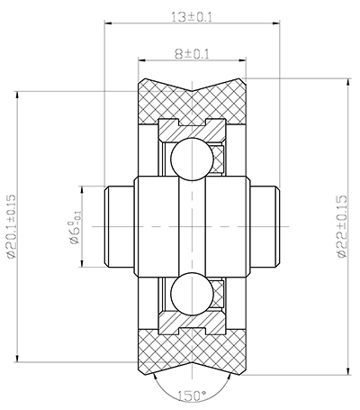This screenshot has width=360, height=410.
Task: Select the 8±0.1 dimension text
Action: [x=192, y=54]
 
